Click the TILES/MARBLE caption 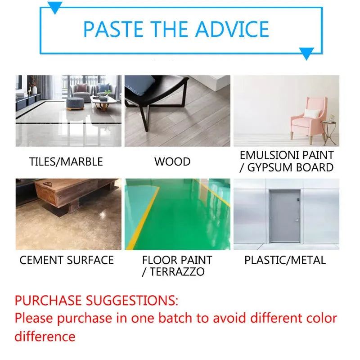coord(66,162)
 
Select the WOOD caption coord(172,162)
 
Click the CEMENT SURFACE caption coord(67,260)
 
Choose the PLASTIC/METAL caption coord(285,260)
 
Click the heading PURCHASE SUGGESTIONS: coord(96,300)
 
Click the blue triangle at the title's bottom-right coord(306,54)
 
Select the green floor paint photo coord(177,214)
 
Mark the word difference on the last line coord(45,336)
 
